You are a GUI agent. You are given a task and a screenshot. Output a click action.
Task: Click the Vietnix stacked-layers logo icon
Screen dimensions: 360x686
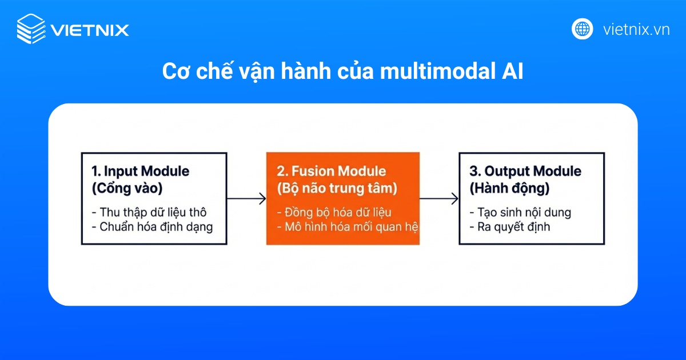31,29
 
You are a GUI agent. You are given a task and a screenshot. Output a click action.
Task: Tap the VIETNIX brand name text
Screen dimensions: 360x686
90,30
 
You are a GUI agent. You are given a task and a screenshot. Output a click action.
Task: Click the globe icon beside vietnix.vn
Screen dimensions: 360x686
583,29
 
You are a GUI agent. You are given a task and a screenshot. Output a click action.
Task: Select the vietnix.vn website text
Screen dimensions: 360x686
636,30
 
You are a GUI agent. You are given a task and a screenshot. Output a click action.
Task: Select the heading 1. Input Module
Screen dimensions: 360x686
141,171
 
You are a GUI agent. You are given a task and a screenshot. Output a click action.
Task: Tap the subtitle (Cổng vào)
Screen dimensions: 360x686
126,188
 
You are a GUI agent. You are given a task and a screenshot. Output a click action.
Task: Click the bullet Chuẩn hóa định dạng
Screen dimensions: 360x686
152,227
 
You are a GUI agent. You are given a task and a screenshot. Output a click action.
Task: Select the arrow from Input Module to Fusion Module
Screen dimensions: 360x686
246,199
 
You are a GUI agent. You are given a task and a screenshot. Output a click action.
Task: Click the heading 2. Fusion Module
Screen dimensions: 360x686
332,171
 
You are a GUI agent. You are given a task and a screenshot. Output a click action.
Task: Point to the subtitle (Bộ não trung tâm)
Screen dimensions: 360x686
337,188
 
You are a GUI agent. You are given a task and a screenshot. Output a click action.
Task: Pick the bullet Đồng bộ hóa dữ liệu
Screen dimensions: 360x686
334,212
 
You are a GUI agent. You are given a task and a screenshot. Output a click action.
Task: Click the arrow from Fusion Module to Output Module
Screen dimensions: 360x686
439,199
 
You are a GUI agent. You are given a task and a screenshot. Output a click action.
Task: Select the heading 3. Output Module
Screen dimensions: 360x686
525,171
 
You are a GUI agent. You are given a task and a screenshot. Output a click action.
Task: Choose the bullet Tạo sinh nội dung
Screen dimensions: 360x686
520,212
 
